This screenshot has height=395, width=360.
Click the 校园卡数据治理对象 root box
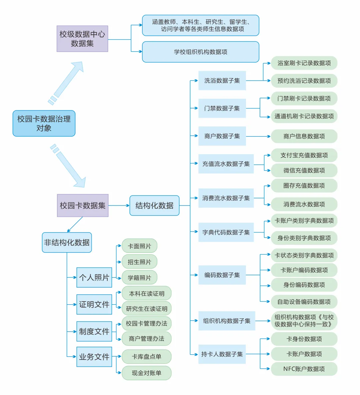tap(44, 123)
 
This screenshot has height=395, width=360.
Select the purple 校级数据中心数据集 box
tap(82, 39)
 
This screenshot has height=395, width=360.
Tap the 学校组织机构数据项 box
tap(200, 52)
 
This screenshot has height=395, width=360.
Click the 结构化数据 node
tap(154, 206)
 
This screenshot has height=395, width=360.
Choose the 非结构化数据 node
tap(67, 243)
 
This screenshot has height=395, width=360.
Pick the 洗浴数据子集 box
tap(222, 80)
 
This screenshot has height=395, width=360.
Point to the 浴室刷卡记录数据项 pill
tap(304, 63)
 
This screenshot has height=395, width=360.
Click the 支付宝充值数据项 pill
tap(304, 155)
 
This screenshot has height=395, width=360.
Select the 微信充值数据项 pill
tap(304, 170)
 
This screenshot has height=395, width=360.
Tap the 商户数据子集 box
tap(222, 136)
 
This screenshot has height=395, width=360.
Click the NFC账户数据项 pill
tap(304, 369)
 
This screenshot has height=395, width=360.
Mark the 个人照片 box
tap(94, 278)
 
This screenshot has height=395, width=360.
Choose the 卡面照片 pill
tap(139, 246)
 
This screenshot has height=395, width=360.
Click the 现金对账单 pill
tap(147, 373)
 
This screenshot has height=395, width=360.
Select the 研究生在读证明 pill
tap(147, 309)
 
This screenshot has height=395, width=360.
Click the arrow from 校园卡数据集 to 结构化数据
tap(119, 206)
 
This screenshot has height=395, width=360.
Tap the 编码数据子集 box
tap(222, 275)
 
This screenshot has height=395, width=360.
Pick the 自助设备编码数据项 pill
tap(304, 302)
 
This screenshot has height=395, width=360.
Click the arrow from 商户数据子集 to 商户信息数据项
tap(258, 136)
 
